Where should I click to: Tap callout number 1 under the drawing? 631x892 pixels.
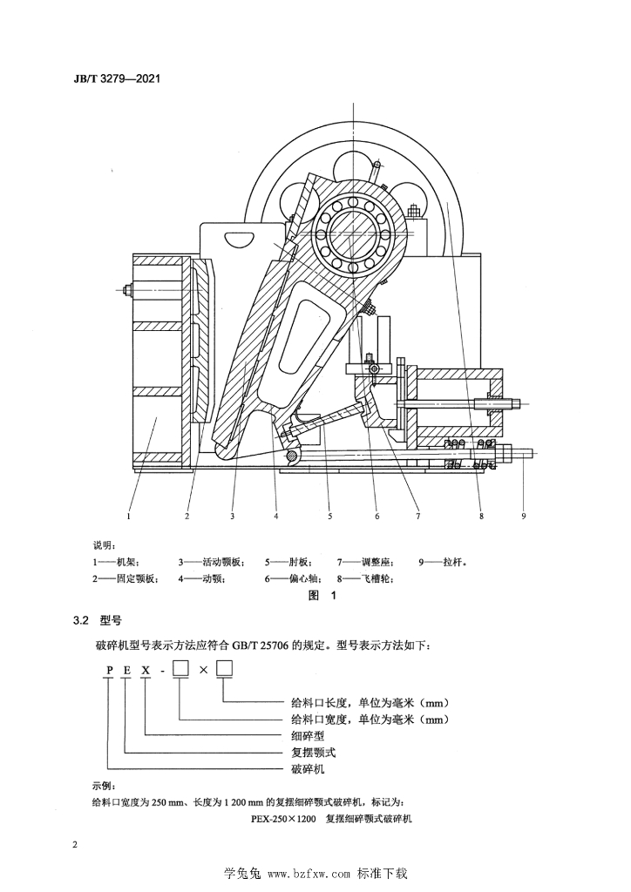pos(130,516)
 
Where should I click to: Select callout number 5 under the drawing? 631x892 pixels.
pos(329,516)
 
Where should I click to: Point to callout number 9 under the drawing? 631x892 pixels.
pos(524,516)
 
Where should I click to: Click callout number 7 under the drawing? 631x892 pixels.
pos(417,516)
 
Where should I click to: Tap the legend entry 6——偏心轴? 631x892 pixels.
pos(294,579)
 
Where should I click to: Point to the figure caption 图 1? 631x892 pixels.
pos(322,596)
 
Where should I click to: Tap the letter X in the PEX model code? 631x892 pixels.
pos(146,670)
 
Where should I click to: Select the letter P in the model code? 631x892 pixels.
pos(109,670)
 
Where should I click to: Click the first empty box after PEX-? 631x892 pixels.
pos(180,669)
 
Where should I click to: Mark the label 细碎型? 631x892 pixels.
pos(308,735)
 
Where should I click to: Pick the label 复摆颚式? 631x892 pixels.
pos(313,752)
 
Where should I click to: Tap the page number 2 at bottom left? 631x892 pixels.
pos(76,843)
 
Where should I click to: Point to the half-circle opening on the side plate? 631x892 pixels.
pos(241,238)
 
